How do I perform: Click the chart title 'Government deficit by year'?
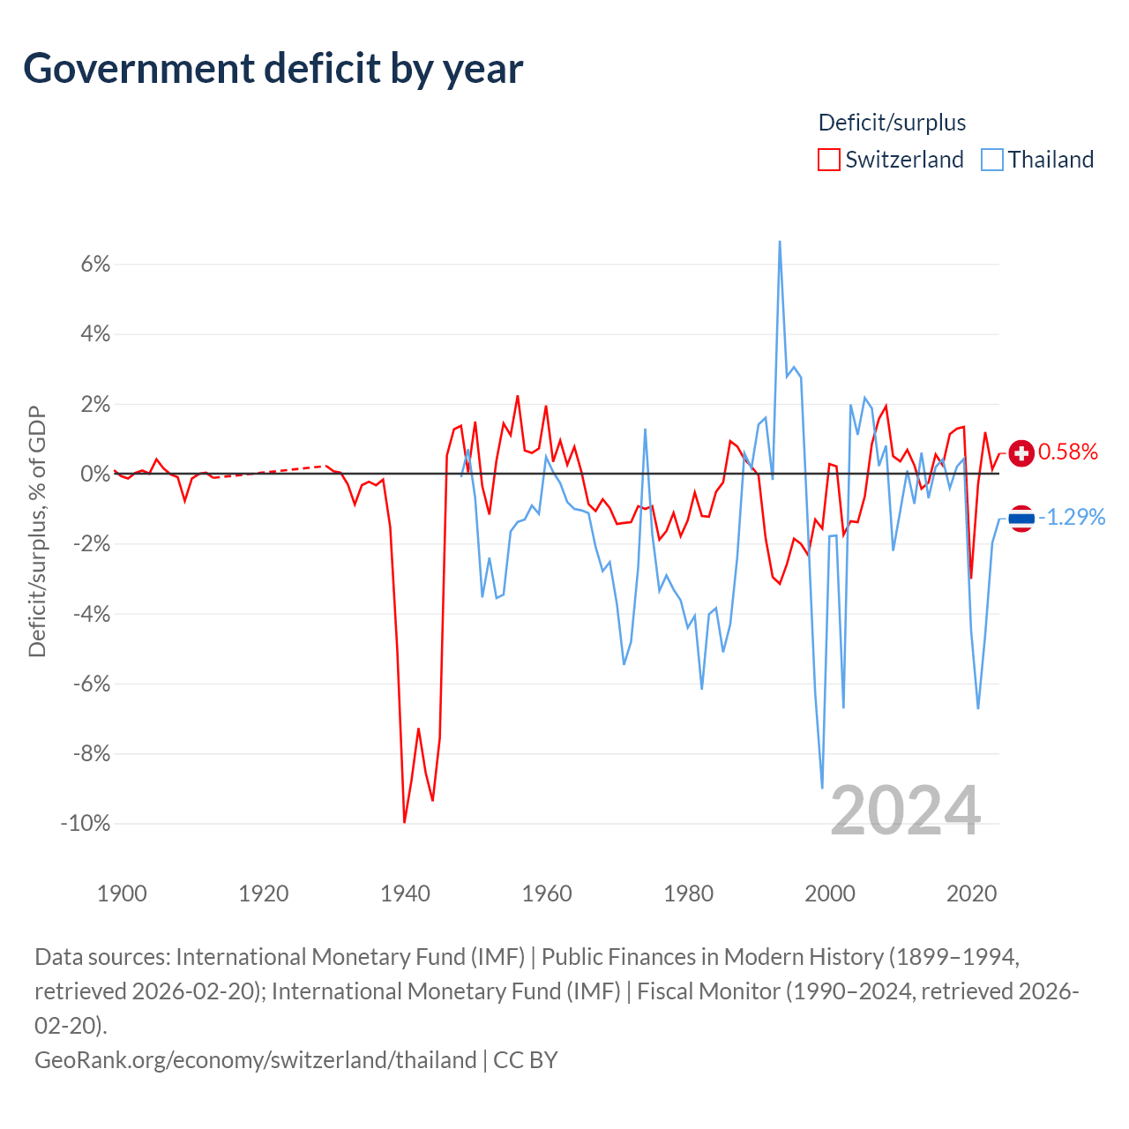tap(273, 69)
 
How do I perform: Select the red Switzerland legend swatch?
tap(828, 160)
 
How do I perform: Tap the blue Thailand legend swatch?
tap(991, 160)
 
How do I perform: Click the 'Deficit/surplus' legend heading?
tap(892, 123)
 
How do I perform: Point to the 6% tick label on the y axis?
tap(95, 265)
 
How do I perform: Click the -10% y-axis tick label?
tap(86, 823)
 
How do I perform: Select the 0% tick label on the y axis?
tap(95, 474)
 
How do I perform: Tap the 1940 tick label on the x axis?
tap(405, 893)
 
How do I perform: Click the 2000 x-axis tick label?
tap(830, 893)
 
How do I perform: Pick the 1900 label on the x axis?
tap(122, 893)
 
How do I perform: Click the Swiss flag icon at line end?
tap(1021, 452)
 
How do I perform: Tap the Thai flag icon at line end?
tap(1021, 518)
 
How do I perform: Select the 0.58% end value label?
tap(1067, 452)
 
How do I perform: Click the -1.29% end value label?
tap(1072, 518)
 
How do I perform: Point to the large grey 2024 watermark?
tap(905, 811)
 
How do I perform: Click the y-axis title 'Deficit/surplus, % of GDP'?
tap(37, 531)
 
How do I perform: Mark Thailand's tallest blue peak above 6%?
tap(779, 242)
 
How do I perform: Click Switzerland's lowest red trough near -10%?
tap(404, 821)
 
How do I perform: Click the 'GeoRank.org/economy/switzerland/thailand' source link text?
tap(256, 1060)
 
